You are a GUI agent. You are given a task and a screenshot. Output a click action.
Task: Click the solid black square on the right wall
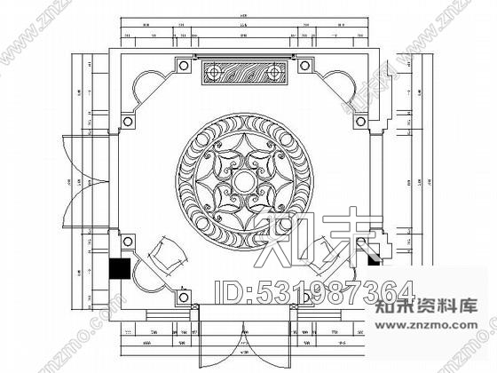[374, 258]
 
